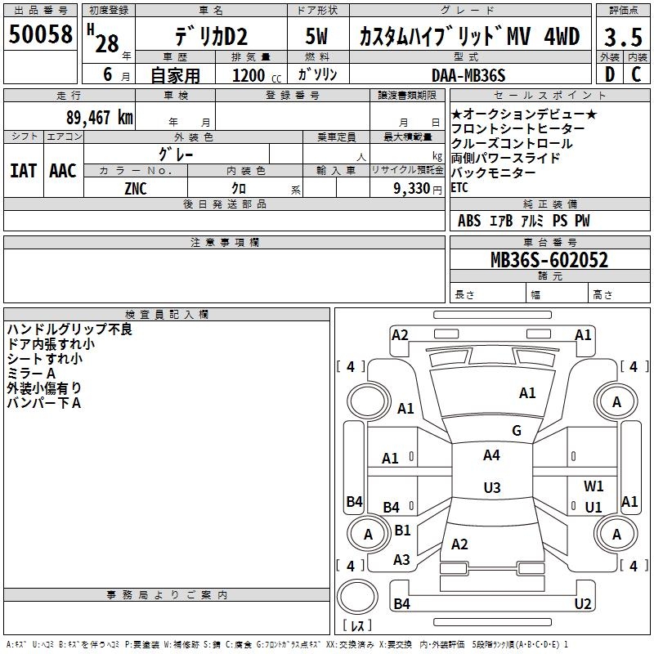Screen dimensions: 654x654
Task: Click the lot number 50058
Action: click(x=40, y=34)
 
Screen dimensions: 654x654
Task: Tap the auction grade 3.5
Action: click(x=623, y=38)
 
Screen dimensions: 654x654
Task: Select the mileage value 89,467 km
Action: click(x=99, y=118)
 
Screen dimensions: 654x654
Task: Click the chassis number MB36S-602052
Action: click(x=549, y=260)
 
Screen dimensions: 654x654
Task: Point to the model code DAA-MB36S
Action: click(x=468, y=75)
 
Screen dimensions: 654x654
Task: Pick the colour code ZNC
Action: click(x=136, y=189)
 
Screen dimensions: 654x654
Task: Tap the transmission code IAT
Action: click(x=24, y=171)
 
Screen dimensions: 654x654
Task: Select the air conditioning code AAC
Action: click(x=63, y=171)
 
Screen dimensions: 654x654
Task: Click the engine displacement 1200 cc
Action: click(x=257, y=75)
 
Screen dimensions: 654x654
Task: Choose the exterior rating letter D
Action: click(x=610, y=74)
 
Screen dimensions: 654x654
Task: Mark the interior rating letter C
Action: click(x=636, y=74)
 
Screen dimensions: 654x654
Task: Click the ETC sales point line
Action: click(x=459, y=188)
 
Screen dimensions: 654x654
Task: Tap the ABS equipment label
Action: click(x=469, y=221)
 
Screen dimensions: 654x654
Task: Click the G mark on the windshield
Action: click(x=517, y=431)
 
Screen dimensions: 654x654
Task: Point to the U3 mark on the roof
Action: click(x=492, y=487)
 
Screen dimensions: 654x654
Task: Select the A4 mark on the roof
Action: click(x=491, y=455)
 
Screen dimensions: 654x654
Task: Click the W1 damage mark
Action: click(x=594, y=486)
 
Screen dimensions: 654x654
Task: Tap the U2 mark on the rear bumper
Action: click(x=583, y=603)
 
